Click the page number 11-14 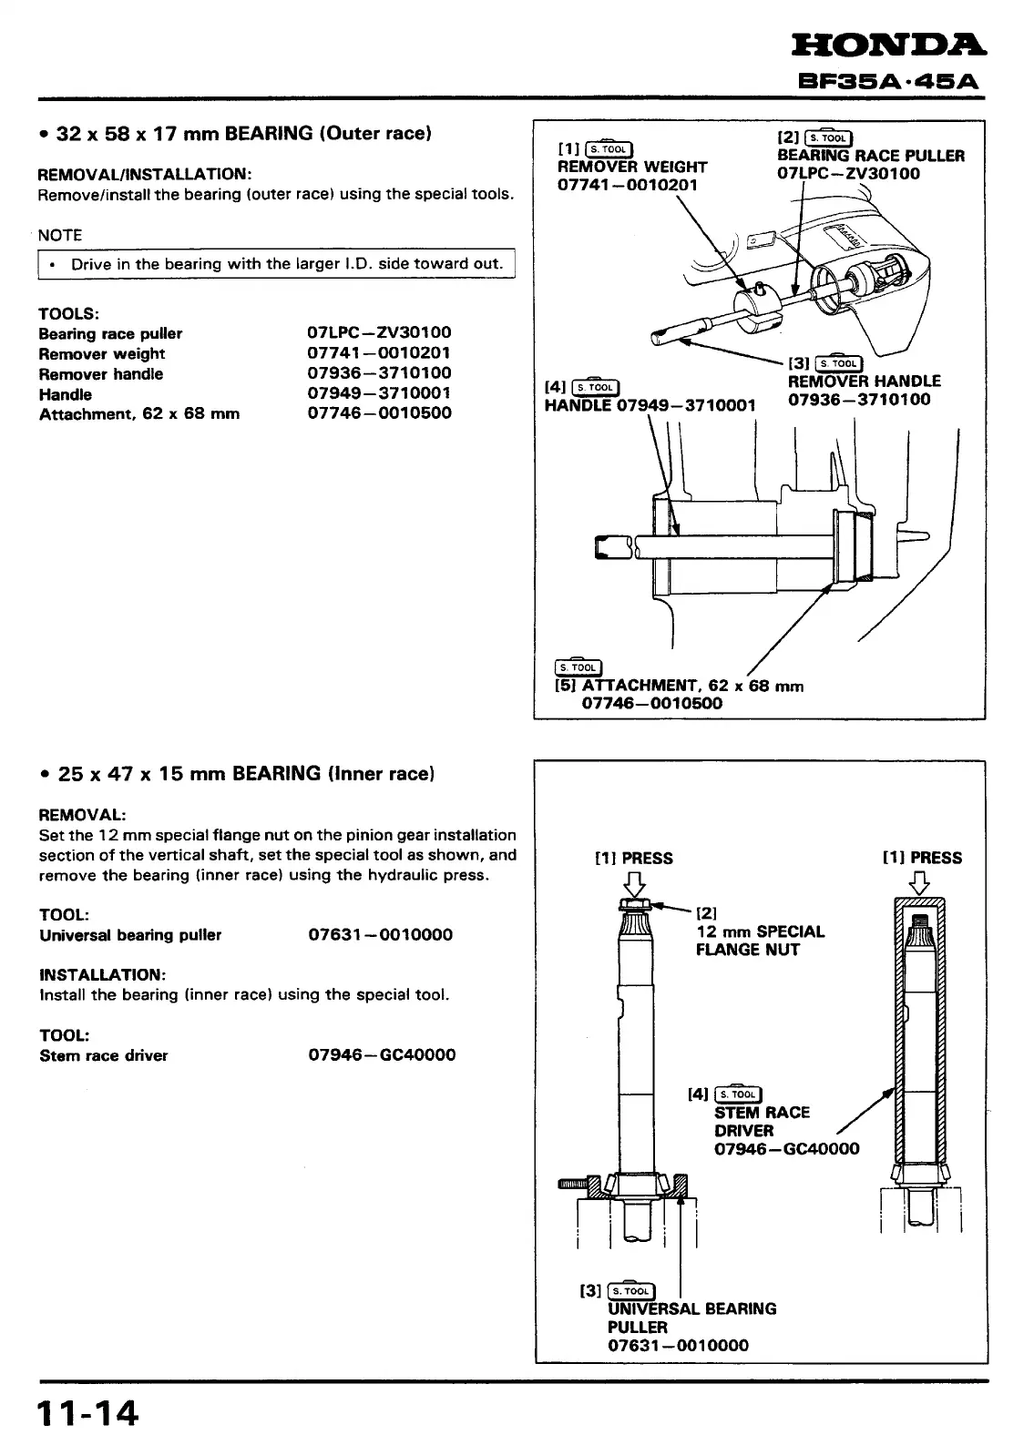[x=87, y=1413]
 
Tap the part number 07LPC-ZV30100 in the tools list [x=379, y=333]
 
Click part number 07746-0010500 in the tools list [x=379, y=413]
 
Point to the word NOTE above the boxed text [x=60, y=235]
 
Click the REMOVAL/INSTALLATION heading [x=145, y=174]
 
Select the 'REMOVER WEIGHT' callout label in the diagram [x=631, y=167]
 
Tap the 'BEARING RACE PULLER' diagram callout [x=870, y=156]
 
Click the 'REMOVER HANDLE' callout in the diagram [x=864, y=382]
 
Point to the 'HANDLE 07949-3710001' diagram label [x=650, y=405]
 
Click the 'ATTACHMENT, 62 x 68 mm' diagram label [x=680, y=686]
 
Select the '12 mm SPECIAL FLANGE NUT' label [x=760, y=941]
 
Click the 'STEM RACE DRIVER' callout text [x=762, y=1121]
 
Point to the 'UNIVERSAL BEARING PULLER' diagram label [x=691, y=1318]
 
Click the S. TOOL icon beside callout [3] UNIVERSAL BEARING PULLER [x=630, y=1290]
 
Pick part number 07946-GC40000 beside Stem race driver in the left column [x=382, y=1055]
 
